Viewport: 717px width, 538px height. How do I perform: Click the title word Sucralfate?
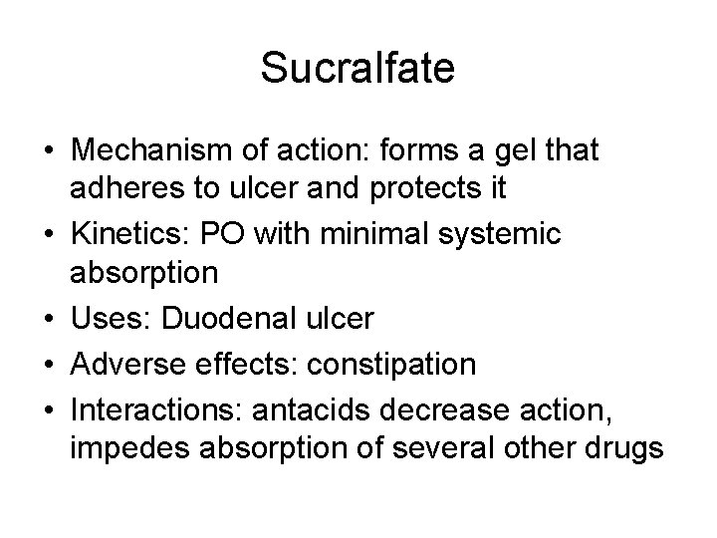pyautogui.click(x=358, y=68)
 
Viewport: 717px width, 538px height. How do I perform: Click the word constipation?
pyautogui.click(x=391, y=364)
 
